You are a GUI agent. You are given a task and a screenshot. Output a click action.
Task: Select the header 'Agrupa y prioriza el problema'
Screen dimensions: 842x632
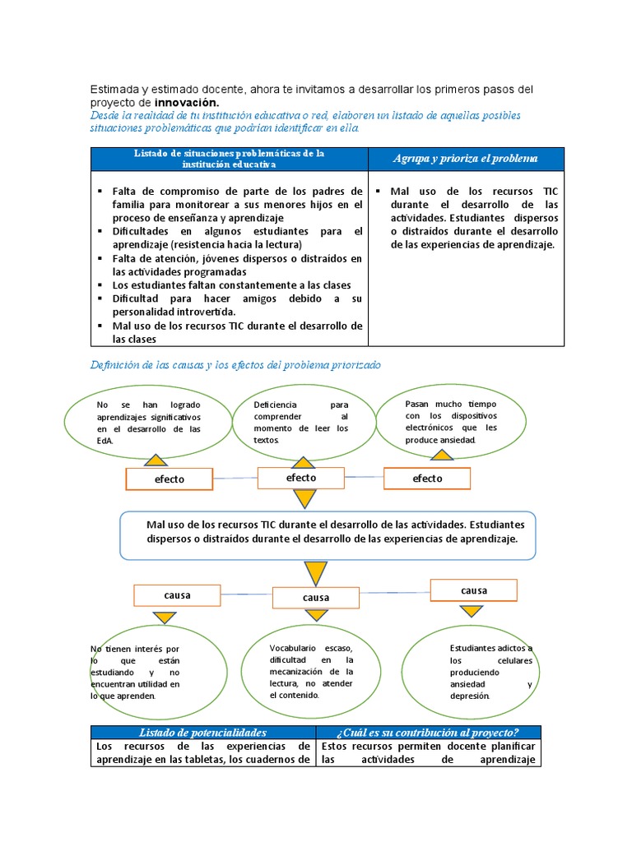[465, 158]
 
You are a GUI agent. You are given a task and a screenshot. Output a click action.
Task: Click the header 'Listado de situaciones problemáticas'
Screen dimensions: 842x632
[230, 159]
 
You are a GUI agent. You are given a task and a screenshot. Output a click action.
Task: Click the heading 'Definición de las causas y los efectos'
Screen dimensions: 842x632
[235, 364]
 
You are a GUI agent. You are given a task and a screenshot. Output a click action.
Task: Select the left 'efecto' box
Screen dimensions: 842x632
[169, 479]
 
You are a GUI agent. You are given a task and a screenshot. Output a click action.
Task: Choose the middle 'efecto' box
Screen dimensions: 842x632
[301, 478]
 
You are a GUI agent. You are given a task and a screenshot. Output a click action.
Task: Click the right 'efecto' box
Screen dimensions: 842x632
[427, 479]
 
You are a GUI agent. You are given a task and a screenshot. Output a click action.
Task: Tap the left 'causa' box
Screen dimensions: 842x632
[177, 595]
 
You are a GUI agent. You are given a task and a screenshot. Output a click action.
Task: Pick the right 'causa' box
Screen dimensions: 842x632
[473, 590]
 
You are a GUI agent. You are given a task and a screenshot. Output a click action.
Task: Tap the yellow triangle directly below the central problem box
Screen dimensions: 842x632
[315, 573]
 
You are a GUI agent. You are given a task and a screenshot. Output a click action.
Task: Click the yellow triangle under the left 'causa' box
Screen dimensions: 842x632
[163, 618]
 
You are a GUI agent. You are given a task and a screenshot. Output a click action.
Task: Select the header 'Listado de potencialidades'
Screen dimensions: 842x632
[202, 732]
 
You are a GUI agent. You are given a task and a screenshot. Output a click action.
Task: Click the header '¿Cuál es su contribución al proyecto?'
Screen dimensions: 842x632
[426, 732]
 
